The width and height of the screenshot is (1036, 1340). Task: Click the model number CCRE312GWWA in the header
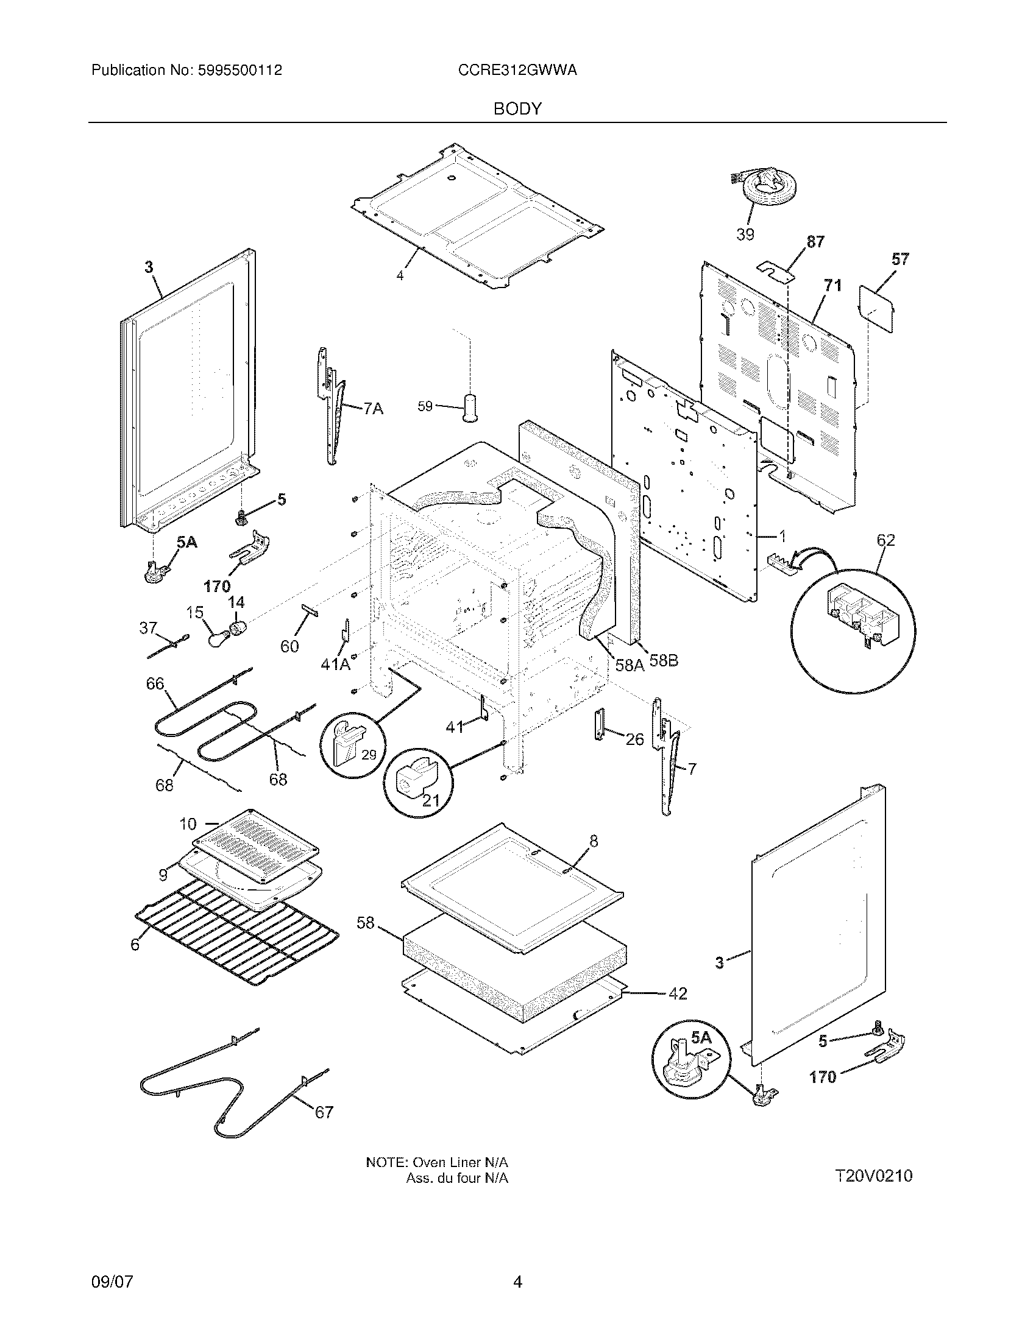(x=517, y=71)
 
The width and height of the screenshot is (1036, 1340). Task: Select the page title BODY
(x=517, y=108)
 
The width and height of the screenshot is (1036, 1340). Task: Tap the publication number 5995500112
(x=239, y=71)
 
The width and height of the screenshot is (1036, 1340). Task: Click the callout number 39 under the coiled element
(x=745, y=234)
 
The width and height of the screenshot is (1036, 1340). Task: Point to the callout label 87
(x=815, y=242)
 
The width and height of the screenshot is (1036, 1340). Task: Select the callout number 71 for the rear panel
(x=833, y=285)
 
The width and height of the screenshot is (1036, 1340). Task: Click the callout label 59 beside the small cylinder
(x=425, y=406)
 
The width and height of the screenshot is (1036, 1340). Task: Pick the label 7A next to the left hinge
(x=373, y=408)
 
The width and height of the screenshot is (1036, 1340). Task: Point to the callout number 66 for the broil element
(x=155, y=683)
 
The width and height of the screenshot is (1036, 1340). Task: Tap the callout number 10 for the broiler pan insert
(x=188, y=824)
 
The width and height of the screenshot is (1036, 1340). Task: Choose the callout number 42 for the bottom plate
(x=677, y=993)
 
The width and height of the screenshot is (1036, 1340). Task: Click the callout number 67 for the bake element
(x=324, y=1112)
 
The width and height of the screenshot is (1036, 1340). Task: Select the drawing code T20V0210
(x=873, y=1176)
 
